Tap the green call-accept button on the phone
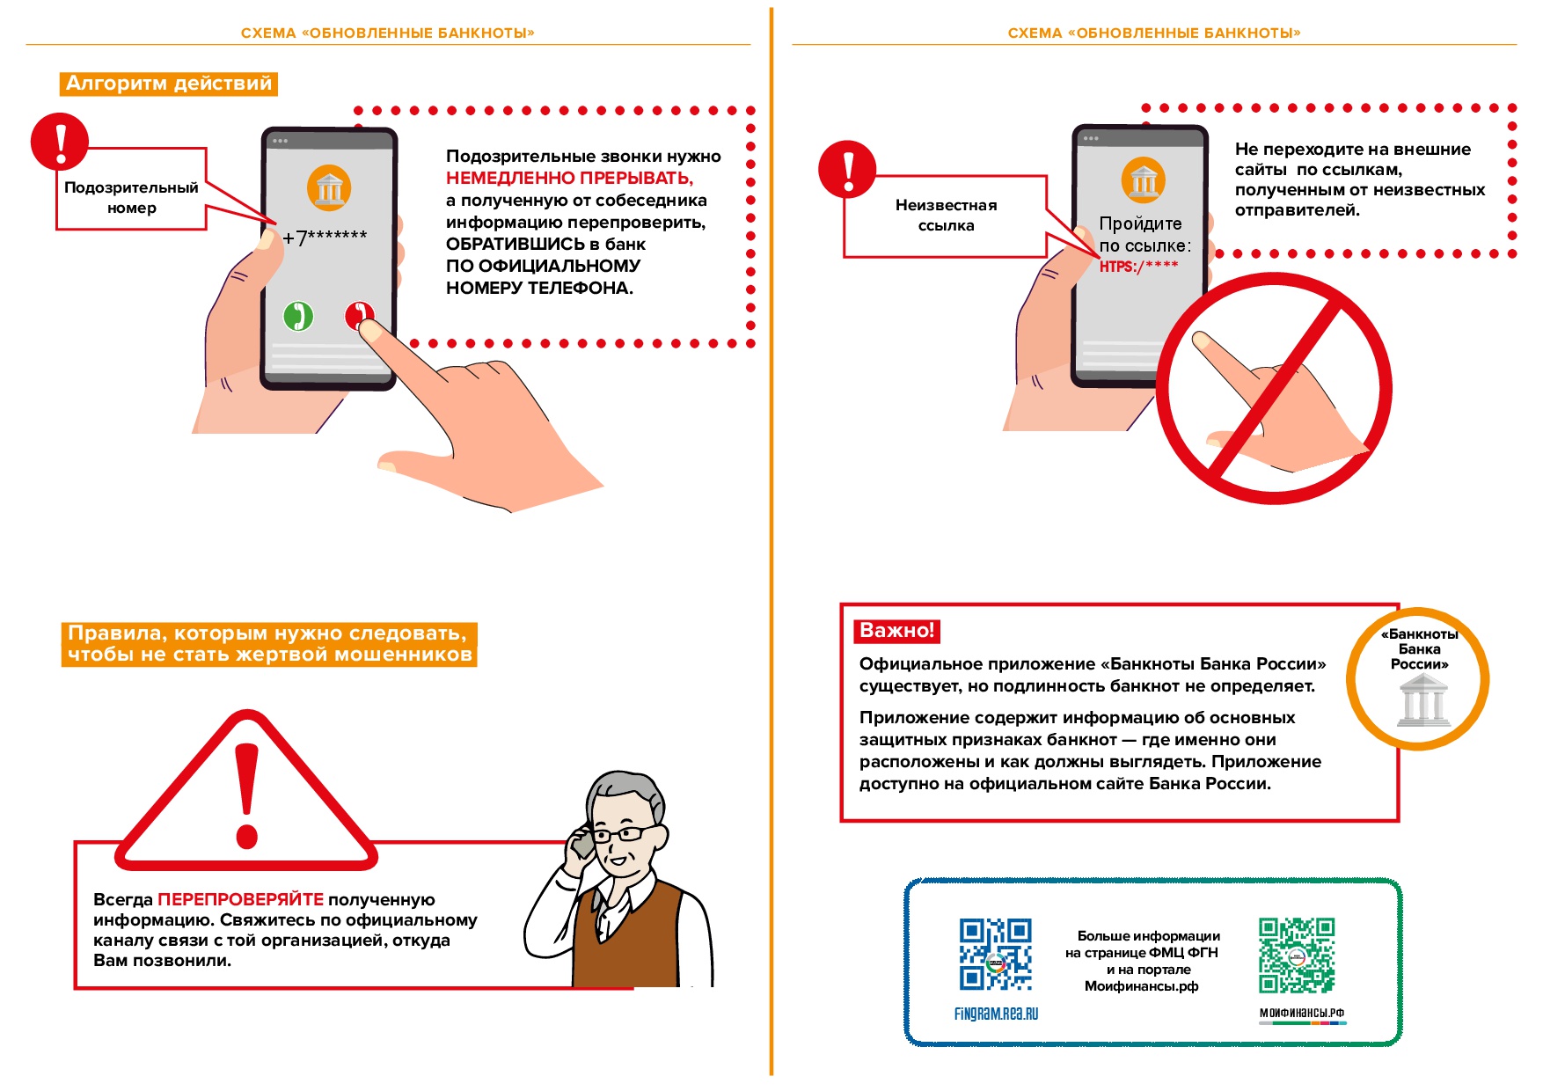pyautogui.click(x=298, y=315)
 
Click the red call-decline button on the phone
pyautogui.click(x=359, y=314)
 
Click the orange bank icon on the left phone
pyautogui.click(x=329, y=187)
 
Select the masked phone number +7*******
pyautogui.click(x=325, y=237)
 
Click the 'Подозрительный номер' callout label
pyautogui.click(x=131, y=198)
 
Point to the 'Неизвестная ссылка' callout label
pyautogui.click(x=946, y=216)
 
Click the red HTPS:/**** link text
pyautogui.click(x=1138, y=266)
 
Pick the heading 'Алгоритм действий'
pyautogui.click(x=169, y=84)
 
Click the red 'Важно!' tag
pyautogui.click(x=896, y=630)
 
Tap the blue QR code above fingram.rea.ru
pyautogui.click(x=995, y=955)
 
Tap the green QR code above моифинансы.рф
pyautogui.click(x=1296, y=956)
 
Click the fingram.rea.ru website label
pyautogui.click(x=996, y=1014)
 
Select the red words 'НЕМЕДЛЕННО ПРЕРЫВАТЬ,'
pyautogui.click(x=569, y=179)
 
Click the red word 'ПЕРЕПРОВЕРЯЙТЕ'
pyautogui.click(x=240, y=899)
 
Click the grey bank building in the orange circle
pyautogui.click(x=1422, y=701)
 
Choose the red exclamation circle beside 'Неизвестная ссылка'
pyautogui.click(x=847, y=169)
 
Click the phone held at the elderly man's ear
pyautogui.click(x=582, y=844)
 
